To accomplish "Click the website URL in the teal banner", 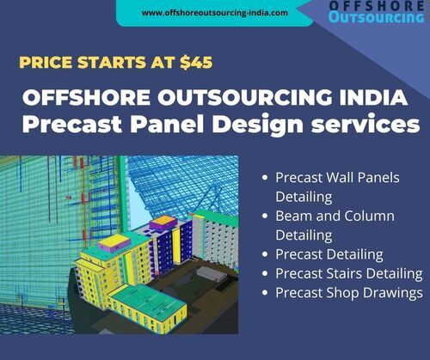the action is tap(215, 13).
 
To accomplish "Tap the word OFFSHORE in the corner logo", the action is tap(377, 6).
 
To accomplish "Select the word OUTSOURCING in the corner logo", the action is tap(377, 17).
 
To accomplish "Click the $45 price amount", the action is tap(196, 62).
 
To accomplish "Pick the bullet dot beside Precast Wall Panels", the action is tap(265, 178).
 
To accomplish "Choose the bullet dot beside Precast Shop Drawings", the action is tap(265, 293).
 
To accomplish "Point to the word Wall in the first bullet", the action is tap(340, 178).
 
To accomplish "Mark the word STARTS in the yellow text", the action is tap(112, 63).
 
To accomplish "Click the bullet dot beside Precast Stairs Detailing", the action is tap(265, 273).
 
